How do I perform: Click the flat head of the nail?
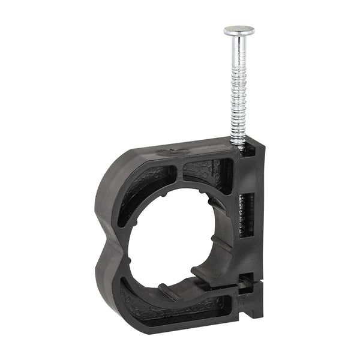pos(239,30)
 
